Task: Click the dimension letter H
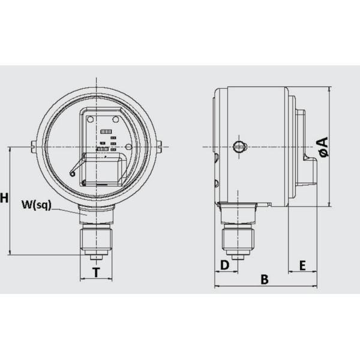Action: [x=5, y=198]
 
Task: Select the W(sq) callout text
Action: [x=36, y=205]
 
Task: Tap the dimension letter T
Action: [x=95, y=273]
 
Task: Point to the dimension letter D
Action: [x=224, y=265]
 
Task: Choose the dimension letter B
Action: [x=263, y=279]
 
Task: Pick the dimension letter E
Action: [x=302, y=265]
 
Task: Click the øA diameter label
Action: [x=323, y=147]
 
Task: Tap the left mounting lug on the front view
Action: [x=32, y=145]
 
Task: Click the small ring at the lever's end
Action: [x=73, y=175]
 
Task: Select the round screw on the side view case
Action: [x=239, y=146]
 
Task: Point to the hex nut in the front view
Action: [x=95, y=238]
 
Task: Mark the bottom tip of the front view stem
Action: [x=95, y=258]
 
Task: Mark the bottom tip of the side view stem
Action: [x=238, y=258]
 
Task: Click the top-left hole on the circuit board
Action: [x=91, y=120]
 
